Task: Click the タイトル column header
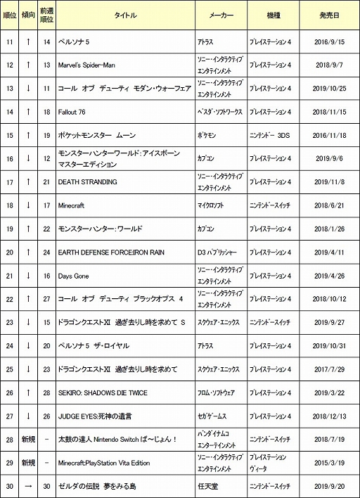[124, 15]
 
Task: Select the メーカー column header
[221, 15]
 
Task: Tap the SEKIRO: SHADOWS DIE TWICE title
[103, 392]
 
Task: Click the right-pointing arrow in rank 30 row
[27, 486]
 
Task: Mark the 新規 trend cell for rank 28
[27, 440]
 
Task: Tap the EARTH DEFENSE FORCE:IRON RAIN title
[110, 253]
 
